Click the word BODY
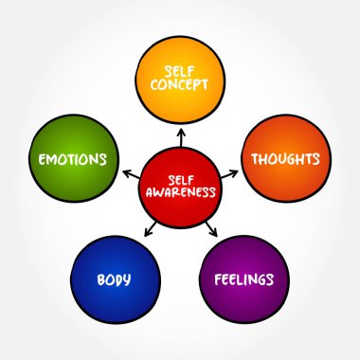(x=113, y=280)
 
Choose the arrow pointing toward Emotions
(x=129, y=171)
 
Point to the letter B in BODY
(x=99, y=280)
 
